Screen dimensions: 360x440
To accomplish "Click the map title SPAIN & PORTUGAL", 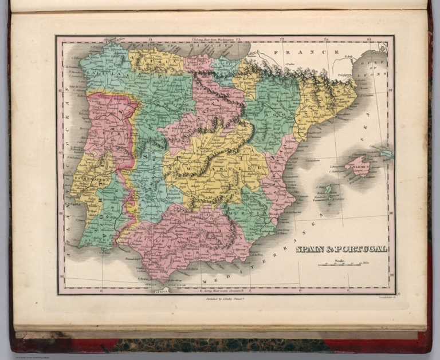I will click(341, 248).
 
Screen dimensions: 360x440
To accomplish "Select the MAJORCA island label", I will click(360, 168).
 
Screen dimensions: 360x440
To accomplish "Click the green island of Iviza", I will click(328, 189).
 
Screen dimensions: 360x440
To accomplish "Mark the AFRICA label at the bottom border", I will click(155, 290).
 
